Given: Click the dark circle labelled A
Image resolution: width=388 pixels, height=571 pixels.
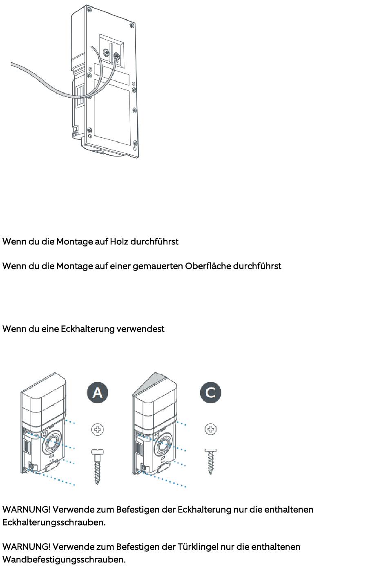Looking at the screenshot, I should pos(98,392).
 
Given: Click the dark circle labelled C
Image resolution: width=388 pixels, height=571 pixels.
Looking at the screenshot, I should pos(211,392).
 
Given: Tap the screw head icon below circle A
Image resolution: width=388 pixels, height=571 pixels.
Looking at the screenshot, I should pos(97,430).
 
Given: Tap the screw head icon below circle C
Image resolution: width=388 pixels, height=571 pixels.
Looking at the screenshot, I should pos(211,429).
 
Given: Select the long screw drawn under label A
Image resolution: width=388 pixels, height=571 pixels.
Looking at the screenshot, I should pos(97,466).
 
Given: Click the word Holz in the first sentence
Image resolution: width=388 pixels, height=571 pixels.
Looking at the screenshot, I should pos(119,242).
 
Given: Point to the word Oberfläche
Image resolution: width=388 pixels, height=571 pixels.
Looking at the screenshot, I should pos(207,266).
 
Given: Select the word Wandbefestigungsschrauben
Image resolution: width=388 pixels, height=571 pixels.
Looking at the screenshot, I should pos(64,560).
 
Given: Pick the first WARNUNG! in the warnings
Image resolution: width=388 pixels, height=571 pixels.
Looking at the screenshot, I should pos(27,510).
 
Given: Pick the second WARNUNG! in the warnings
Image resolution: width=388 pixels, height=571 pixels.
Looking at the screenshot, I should pos(27,547).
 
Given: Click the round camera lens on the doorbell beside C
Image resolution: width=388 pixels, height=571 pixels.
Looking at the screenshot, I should pos(164,444).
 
